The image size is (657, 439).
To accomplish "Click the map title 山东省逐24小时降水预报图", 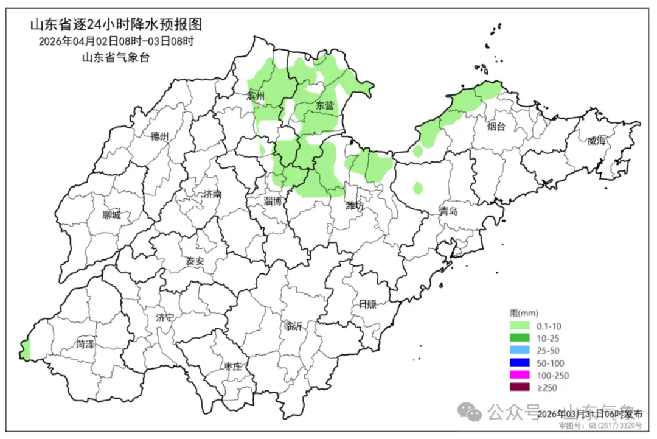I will tap(116, 25).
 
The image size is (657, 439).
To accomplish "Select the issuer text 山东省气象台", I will tap(116, 58).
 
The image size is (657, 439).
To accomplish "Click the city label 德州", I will tap(159, 136).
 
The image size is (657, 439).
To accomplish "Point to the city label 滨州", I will tap(256, 96).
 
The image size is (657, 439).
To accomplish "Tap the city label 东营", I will tap(325, 105).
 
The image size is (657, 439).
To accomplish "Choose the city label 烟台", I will tap(496, 127).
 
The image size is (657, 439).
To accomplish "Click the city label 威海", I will tap(597, 141).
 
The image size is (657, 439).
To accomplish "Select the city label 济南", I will tap(212, 194).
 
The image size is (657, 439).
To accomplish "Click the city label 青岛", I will tap(449, 211).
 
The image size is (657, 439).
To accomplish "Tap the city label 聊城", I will tap(111, 214).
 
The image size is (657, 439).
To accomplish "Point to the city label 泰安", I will tap(195, 261).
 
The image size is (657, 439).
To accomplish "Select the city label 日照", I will tap(367, 304).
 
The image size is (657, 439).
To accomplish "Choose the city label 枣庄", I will tap(232, 367).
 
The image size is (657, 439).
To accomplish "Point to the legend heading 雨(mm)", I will tap(522, 313).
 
